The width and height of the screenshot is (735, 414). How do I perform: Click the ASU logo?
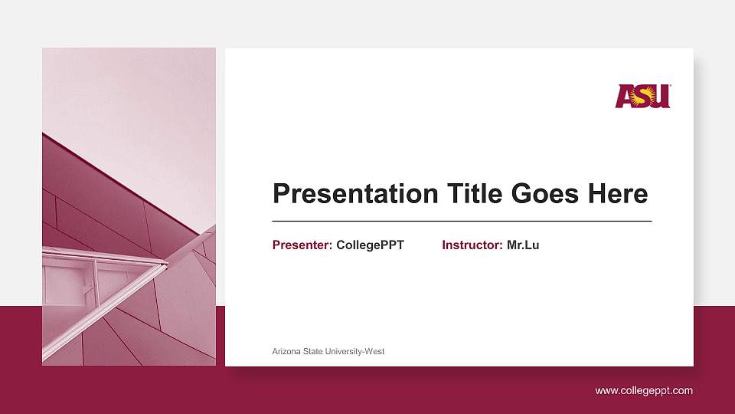[642, 96]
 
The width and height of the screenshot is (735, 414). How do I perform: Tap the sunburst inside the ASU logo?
[646, 95]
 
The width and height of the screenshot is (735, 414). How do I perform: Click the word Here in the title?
[618, 194]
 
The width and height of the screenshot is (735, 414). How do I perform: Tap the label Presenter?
[302, 245]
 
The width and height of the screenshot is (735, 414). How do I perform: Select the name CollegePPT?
[370, 245]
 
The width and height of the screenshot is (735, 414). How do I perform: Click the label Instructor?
[472, 245]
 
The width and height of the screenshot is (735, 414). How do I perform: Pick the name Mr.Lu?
[523, 245]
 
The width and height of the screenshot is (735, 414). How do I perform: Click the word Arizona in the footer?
[287, 351]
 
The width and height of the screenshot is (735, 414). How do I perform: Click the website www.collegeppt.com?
[644, 391]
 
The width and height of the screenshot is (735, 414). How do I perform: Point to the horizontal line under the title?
[462, 221]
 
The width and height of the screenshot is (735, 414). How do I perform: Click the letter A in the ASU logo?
[626, 97]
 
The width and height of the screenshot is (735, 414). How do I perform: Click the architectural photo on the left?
[129, 206]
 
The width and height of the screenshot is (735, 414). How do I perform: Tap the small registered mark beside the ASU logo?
[671, 86]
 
